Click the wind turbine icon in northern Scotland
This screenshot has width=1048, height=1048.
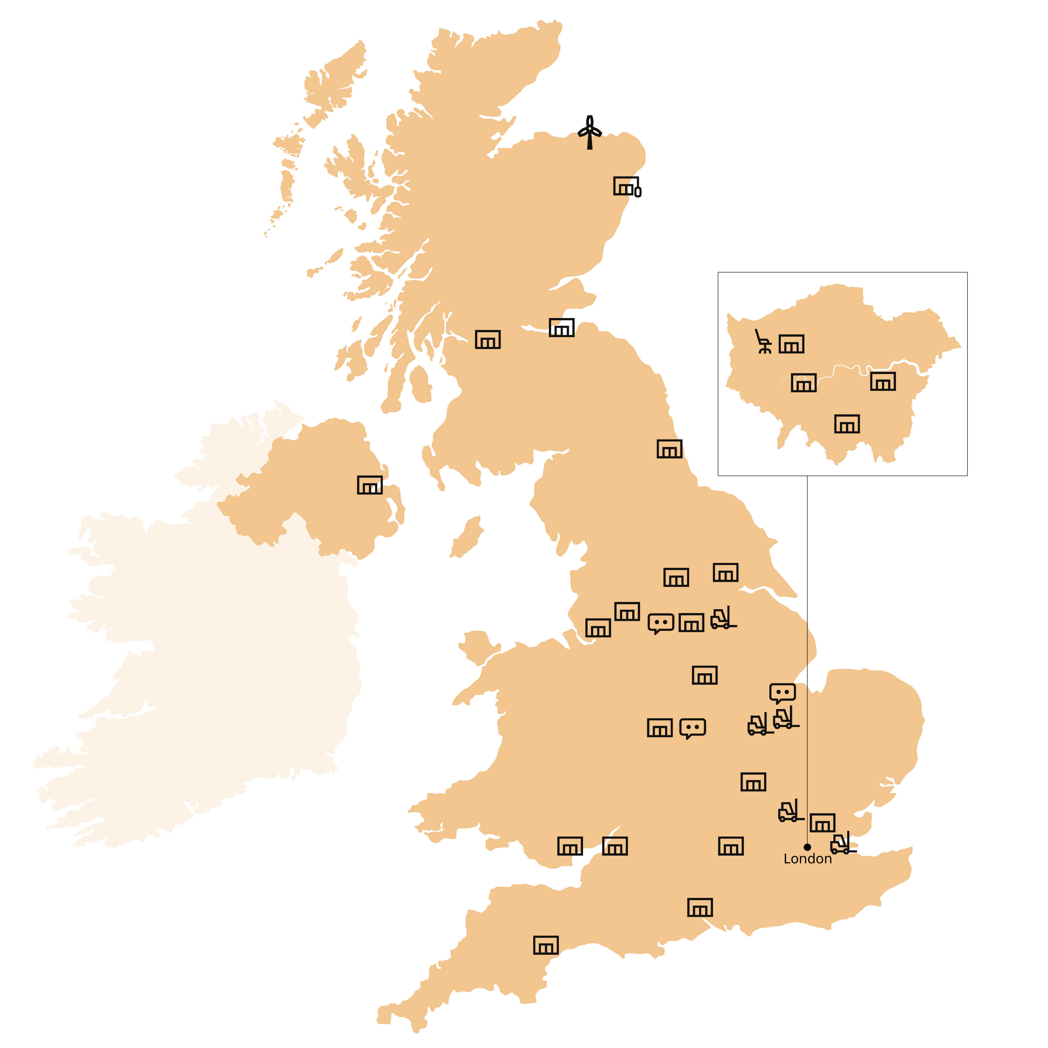(590, 132)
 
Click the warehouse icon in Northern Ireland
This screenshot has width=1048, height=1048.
(369, 485)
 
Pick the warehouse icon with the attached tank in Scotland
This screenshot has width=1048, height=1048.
(627, 186)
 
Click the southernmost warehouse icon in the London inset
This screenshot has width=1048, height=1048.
(847, 424)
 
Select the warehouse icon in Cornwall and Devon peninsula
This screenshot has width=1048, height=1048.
(546, 945)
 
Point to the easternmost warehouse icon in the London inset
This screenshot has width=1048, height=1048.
(882, 381)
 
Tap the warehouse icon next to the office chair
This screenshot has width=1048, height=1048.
(791, 344)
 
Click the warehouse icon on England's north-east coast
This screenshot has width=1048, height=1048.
(669, 449)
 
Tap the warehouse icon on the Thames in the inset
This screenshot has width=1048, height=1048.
(803, 382)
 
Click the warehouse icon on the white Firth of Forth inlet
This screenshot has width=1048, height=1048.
(562, 328)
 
